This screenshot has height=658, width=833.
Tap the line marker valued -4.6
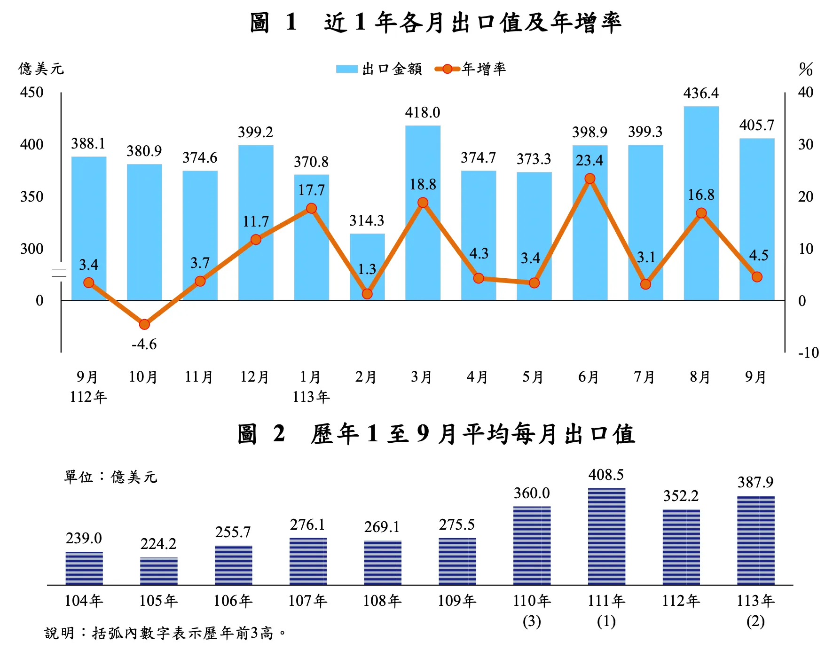tap(144, 324)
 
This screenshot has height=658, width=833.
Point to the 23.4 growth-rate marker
tap(590, 179)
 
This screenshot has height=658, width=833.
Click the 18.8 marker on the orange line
tap(423, 203)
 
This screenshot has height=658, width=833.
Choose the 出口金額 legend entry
tap(379, 69)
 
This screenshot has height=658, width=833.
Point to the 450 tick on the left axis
tap(31, 92)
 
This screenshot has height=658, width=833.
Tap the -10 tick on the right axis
tap(808, 352)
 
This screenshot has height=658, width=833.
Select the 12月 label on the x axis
tap(254, 377)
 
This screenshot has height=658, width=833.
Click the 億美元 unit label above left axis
tap(41, 69)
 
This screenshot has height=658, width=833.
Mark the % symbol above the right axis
tap(806, 70)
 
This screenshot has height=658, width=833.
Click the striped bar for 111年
tap(606, 536)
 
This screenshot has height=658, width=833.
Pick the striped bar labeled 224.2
tap(159, 571)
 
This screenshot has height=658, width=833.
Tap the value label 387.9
tap(755, 482)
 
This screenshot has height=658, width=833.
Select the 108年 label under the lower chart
tap(382, 601)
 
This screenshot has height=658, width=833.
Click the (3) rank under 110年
tap(532, 621)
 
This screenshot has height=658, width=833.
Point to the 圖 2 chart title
tap(436, 433)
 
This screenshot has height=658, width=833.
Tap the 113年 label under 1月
tap(311, 397)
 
